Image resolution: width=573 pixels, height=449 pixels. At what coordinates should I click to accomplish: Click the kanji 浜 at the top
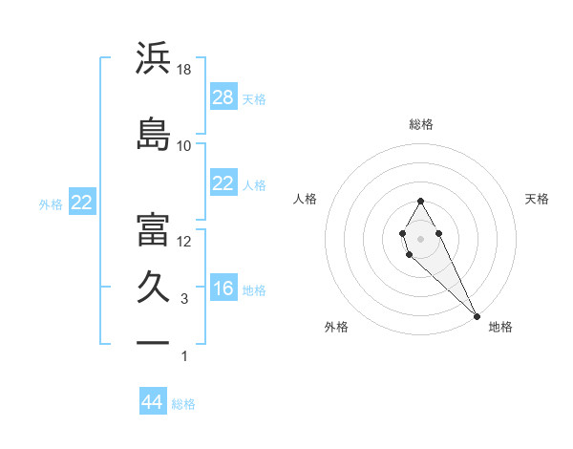click(153, 58)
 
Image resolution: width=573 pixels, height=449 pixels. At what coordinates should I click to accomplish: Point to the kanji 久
click(153, 287)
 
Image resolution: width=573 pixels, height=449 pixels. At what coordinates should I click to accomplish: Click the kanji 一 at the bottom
click(153, 341)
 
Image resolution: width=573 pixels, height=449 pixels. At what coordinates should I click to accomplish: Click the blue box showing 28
click(223, 96)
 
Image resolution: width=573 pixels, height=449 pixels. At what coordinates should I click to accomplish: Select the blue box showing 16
click(223, 289)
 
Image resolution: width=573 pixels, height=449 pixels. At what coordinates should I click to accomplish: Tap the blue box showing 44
click(153, 402)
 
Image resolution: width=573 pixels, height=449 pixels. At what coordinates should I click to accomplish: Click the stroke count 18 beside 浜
click(184, 70)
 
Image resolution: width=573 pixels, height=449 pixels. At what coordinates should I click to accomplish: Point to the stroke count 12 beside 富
click(184, 242)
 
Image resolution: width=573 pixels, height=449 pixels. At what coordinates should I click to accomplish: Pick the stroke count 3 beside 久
click(184, 299)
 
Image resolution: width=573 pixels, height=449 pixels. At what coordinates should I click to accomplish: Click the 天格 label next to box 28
click(254, 98)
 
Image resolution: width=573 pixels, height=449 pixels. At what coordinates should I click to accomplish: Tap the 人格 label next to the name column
click(254, 184)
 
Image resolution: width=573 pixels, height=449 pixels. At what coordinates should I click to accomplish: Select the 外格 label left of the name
click(51, 203)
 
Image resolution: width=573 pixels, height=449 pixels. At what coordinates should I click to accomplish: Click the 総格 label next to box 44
click(183, 404)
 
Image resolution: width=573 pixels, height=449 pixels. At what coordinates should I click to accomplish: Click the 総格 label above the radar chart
click(421, 124)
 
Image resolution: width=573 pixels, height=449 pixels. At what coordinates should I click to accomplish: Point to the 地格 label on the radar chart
click(500, 327)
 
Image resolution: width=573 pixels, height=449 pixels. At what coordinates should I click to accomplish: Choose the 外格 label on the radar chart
click(336, 327)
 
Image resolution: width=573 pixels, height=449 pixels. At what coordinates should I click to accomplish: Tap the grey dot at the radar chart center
click(420, 238)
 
